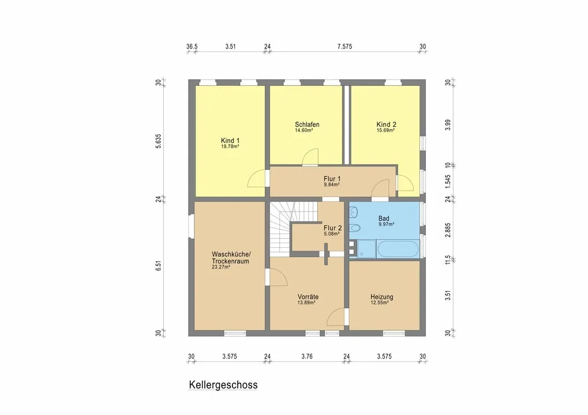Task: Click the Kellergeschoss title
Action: [x=223, y=385]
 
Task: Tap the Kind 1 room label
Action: [x=230, y=141]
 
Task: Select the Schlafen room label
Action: [x=307, y=124]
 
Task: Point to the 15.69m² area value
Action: [x=385, y=130]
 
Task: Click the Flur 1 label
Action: [x=332, y=179]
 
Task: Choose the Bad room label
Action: [x=384, y=218]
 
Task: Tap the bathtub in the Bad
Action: [x=398, y=249]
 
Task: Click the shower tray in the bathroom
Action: [x=366, y=249]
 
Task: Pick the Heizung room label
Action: [x=382, y=297]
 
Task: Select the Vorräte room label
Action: [x=308, y=297]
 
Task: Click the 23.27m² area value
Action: [x=221, y=267]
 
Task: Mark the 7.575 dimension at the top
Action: [x=344, y=47]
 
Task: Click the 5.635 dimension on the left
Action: [x=159, y=141]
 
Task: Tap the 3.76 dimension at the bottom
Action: [x=307, y=357]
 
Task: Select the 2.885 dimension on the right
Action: [x=448, y=230]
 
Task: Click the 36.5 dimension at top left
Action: [x=192, y=47]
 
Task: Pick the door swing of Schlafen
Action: [x=310, y=157]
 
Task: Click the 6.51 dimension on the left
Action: [x=159, y=266]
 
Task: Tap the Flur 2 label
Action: [x=332, y=228]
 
